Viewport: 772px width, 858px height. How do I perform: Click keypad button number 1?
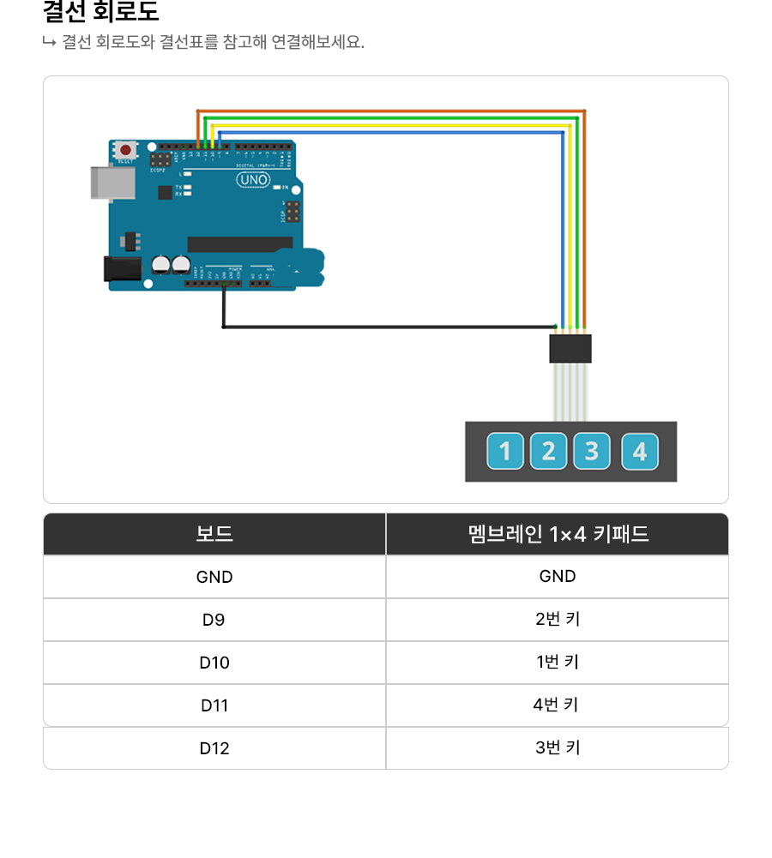click(505, 452)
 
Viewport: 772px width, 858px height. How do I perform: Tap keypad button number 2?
click(548, 452)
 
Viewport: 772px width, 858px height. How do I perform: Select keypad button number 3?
click(592, 452)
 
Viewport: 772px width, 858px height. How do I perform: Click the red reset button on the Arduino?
click(126, 150)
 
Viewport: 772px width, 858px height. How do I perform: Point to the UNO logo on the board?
click(253, 180)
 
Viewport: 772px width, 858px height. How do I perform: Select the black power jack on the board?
click(120, 269)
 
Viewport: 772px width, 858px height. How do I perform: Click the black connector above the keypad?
click(570, 349)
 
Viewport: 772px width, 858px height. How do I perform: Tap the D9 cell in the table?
click(214, 620)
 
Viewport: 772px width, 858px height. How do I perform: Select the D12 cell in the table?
click(214, 748)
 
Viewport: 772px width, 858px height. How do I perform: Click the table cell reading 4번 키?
click(557, 705)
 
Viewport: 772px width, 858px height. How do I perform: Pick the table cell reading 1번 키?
click(557, 663)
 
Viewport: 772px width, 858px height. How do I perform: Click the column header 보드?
click(214, 534)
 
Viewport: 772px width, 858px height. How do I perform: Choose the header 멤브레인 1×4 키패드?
click(558, 534)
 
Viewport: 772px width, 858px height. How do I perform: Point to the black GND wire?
click(386, 327)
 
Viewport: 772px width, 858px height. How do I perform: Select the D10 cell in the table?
click(214, 663)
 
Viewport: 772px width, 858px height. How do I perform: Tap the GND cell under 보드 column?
click(214, 577)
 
